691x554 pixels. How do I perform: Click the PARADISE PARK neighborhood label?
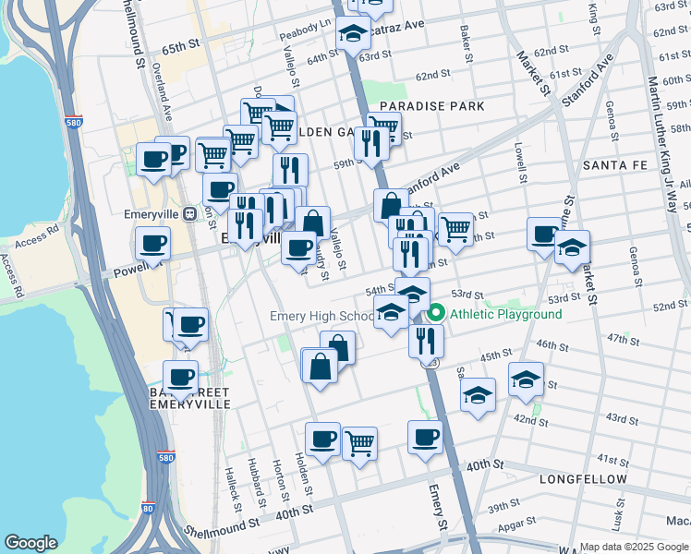pos(431,106)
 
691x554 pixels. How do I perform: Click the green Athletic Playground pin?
pos(436,315)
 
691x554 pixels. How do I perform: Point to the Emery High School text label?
pos(321,317)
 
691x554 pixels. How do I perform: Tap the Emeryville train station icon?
pos(189,213)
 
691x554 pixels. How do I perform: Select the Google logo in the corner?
pos(30,543)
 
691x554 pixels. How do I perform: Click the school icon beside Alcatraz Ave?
pos(351,34)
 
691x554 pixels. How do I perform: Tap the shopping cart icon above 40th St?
pos(358,442)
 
